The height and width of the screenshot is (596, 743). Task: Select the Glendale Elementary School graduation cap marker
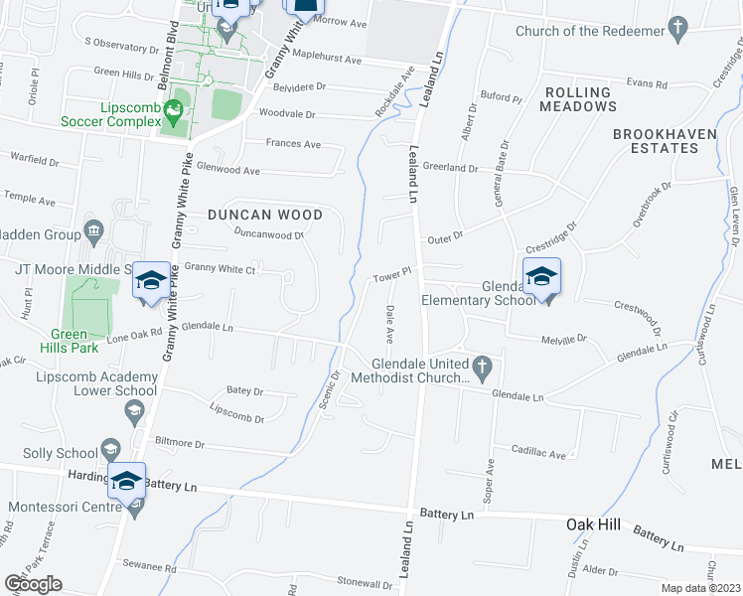pyautogui.click(x=541, y=277)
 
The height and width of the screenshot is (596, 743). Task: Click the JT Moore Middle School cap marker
pyautogui.click(x=150, y=282)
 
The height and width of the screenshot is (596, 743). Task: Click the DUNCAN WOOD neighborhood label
pyautogui.click(x=265, y=215)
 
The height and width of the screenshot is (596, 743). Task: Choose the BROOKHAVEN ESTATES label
pyautogui.click(x=656, y=140)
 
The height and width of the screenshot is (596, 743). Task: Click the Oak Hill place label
pyautogui.click(x=594, y=524)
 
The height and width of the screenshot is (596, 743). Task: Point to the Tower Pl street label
pyautogui.click(x=392, y=274)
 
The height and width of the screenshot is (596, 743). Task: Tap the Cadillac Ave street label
pyautogui.click(x=538, y=455)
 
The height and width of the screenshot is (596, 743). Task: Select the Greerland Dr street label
pyautogui.click(x=451, y=168)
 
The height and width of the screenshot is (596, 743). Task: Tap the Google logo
pyautogui.click(x=33, y=584)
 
